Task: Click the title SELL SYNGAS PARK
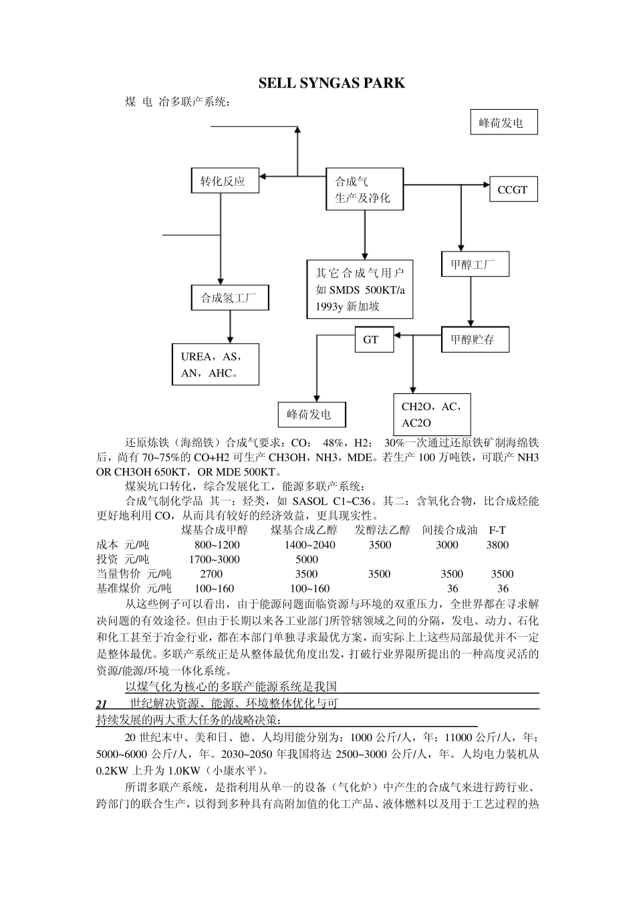pos(332,83)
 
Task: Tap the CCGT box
pos(513,189)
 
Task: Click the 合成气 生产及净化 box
pos(365,189)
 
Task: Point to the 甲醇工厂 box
pos(475,264)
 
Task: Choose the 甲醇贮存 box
pos(475,339)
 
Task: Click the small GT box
pos(371,339)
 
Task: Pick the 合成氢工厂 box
pos(229,298)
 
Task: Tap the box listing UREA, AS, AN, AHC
pos(215,365)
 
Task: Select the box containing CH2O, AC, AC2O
pos(432,414)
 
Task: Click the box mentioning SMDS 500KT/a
pos(360,290)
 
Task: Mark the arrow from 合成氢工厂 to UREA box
pos(229,327)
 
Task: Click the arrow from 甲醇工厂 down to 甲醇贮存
pos(471,301)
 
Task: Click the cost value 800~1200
pos(217,544)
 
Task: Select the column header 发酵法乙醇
pos(382,530)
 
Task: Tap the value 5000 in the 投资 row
pos(307,559)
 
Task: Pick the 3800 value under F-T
pos(497,544)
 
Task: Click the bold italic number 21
pos(102,704)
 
